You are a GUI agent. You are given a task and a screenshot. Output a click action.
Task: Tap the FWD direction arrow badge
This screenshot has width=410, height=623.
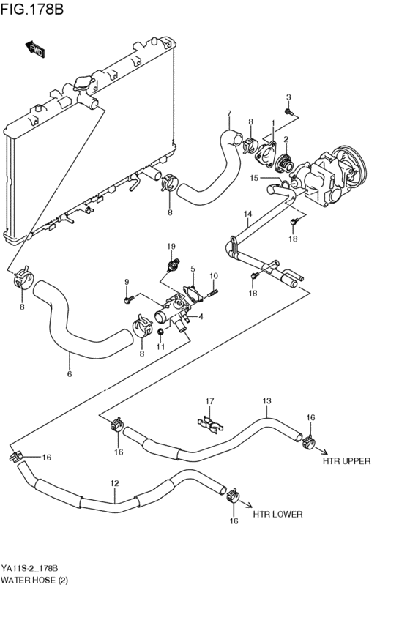pyautogui.click(x=34, y=50)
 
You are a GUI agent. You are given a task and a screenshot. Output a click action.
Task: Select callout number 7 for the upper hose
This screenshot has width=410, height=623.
pyautogui.click(x=229, y=113)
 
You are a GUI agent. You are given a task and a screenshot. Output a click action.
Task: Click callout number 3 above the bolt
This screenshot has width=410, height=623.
pyautogui.click(x=288, y=97)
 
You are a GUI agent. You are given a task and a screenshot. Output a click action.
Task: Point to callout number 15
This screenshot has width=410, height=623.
pyautogui.click(x=254, y=178)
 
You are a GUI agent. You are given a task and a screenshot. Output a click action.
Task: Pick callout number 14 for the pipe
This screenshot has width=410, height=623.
pyautogui.click(x=248, y=214)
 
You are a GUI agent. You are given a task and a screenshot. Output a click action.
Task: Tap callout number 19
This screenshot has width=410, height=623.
pyautogui.click(x=171, y=245)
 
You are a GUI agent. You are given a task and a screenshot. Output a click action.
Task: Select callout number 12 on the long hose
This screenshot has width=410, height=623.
pyautogui.click(x=114, y=483)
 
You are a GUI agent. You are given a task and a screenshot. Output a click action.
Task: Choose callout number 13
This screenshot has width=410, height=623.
pyautogui.click(x=266, y=400)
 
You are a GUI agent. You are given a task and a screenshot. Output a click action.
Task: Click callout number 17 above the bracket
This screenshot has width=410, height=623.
pyautogui.click(x=209, y=400)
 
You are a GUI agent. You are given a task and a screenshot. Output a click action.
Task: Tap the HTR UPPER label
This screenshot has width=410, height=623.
pyautogui.click(x=346, y=461)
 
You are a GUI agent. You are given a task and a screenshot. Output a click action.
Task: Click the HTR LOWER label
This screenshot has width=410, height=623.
pyautogui.click(x=277, y=514)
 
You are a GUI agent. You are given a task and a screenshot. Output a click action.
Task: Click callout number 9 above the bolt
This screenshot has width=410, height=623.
pyautogui.click(x=126, y=282)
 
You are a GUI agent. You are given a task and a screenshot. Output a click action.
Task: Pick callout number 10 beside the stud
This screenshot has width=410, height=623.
pyautogui.click(x=214, y=276)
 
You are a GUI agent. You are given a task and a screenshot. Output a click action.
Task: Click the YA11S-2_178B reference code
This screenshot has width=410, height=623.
pyautogui.click(x=29, y=568)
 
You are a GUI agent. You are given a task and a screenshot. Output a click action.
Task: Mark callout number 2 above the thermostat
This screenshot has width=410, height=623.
pyautogui.click(x=286, y=139)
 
